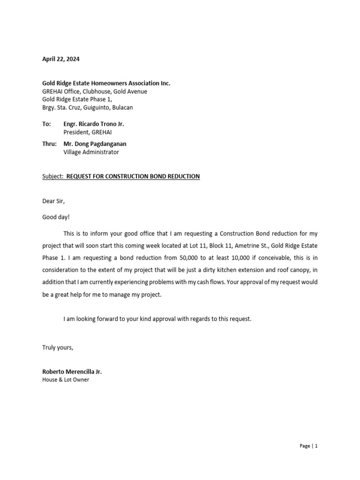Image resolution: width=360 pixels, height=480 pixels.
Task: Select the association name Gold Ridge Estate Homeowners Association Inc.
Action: (106, 83)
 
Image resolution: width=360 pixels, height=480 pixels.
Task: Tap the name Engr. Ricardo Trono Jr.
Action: (94, 124)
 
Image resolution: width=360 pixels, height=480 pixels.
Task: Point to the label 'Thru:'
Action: (49, 144)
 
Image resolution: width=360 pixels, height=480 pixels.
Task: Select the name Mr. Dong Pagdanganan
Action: (95, 144)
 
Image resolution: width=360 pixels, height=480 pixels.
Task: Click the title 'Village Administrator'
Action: (91, 152)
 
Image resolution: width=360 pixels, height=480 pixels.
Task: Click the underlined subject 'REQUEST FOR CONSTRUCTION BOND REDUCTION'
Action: (133, 176)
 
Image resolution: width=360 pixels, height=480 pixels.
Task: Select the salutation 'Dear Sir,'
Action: (54, 201)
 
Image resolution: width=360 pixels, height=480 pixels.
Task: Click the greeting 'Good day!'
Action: (55, 217)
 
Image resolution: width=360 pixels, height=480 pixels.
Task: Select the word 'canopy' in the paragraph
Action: (302, 270)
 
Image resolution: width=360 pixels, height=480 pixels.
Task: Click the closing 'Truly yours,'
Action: (58, 347)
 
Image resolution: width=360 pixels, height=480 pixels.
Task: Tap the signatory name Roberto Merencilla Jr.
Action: (72, 372)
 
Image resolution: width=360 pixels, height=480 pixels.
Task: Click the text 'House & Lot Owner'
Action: (66, 380)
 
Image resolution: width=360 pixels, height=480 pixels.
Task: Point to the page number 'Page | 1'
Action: (308, 446)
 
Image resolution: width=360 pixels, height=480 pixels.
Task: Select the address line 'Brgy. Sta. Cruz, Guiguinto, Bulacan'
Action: (88, 107)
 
